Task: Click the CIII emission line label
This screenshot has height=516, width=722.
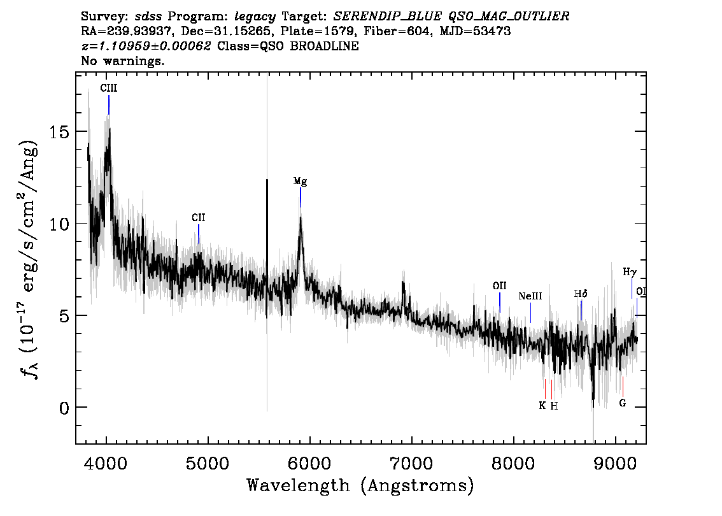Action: click(109, 88)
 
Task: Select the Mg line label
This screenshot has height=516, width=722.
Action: click(301, 181)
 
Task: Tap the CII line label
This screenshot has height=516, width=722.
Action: click(199, 217)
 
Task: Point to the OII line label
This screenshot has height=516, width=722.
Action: click(500, 285)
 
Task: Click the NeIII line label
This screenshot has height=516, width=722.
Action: click(530, 296)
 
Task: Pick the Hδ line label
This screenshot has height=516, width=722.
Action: click(581, 294)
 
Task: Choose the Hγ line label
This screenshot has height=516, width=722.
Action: click(630, 272)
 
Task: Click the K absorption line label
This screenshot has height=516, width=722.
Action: click(542, 405)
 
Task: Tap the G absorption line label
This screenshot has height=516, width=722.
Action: click(623, 403)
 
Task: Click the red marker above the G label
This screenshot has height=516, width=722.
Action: click(623, 387)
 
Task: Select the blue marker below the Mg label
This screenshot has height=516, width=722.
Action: click(301, 197)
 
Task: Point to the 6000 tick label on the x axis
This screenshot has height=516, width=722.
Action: click(309, 463)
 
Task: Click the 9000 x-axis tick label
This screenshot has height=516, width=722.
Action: click(616, 463)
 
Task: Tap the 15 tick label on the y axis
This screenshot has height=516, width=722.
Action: click(59, 133)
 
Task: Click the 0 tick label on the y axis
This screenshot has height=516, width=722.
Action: click(64, 408)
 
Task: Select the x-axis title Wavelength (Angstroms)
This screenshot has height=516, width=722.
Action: click(360, 485)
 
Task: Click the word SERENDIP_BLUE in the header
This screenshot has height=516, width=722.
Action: click(387, 17)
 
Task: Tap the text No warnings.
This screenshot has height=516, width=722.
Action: click(122, 61)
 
